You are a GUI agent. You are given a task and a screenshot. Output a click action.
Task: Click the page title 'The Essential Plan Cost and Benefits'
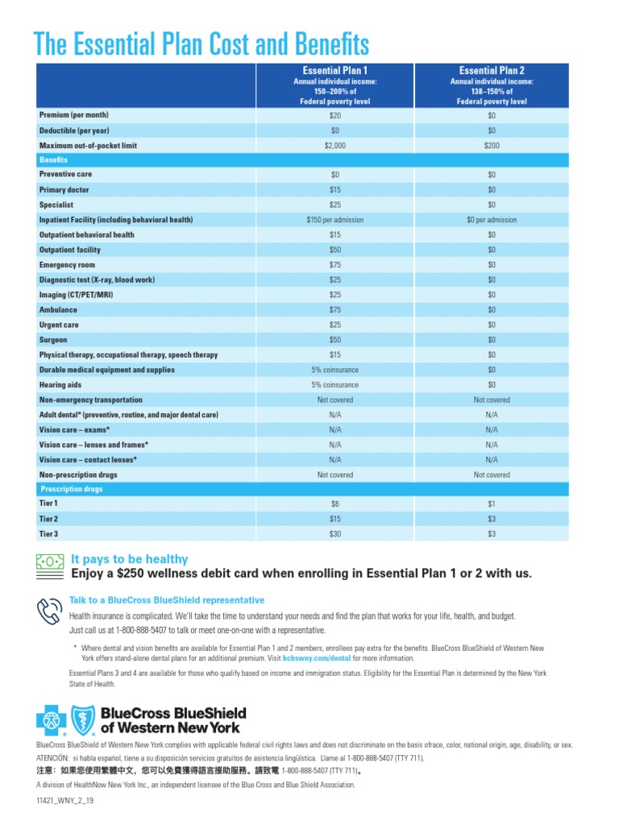(201, 44)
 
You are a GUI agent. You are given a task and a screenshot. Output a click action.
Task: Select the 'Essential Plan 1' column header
(335, 70)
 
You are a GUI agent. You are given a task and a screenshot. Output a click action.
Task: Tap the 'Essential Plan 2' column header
(492, 70)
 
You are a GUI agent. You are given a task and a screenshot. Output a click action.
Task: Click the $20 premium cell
(335, 116)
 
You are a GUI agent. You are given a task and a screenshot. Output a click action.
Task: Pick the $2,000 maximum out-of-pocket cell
(335, 146)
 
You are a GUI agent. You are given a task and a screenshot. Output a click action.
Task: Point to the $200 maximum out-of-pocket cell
(492, 146)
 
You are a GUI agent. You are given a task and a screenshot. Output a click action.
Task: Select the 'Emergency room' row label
(67, 265)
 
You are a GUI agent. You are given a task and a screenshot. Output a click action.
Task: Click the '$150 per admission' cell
(335, 220)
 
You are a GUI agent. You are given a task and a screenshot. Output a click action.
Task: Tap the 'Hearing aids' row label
(61, 385)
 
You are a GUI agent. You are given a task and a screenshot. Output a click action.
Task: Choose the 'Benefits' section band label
(53, 160)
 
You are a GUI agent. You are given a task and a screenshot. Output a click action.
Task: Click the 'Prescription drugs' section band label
(71, 488)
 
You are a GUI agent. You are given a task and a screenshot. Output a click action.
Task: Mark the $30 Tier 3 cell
(335, 534)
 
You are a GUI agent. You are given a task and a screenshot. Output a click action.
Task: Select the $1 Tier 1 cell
(492, 504)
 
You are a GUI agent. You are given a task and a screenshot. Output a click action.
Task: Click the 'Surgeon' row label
(55, 340)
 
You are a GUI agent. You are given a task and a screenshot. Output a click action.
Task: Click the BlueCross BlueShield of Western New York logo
(141, 719)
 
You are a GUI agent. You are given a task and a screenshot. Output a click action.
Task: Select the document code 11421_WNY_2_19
(65, 802)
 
